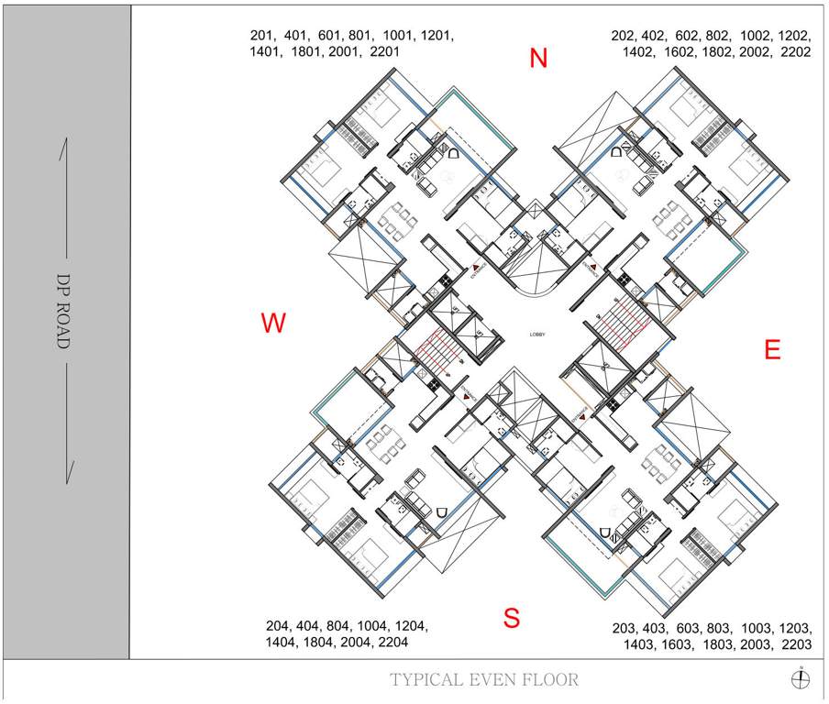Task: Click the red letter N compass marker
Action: [538, 59]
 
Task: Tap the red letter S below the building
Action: [512, 619]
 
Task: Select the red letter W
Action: [273, 324]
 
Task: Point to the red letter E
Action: [773, 349]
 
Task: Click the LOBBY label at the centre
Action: [537, 335]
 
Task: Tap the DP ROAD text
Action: [63, 312]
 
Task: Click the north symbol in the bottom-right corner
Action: [801, 678]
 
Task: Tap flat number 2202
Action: [795, 52]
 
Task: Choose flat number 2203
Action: [795, 644]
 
